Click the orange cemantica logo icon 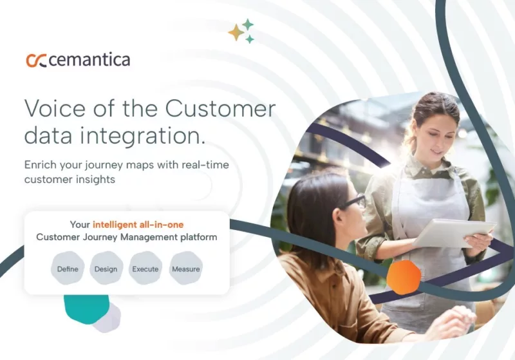tap(36, 61)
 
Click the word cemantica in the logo tap(89, 61)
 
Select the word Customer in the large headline tap(220, 108)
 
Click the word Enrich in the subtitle tap(41, 165)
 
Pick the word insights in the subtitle tap(96, 180)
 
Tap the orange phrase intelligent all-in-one tap(138, 224)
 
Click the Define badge tap(68, 269)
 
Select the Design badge tap(106, 269)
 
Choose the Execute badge tap(145, 269)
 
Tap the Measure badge tap(185, 269)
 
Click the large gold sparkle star tap(236, 32)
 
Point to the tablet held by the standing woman tap(454, 232)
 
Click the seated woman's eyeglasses tap(353, 203)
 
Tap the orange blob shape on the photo tap(404, 277)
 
